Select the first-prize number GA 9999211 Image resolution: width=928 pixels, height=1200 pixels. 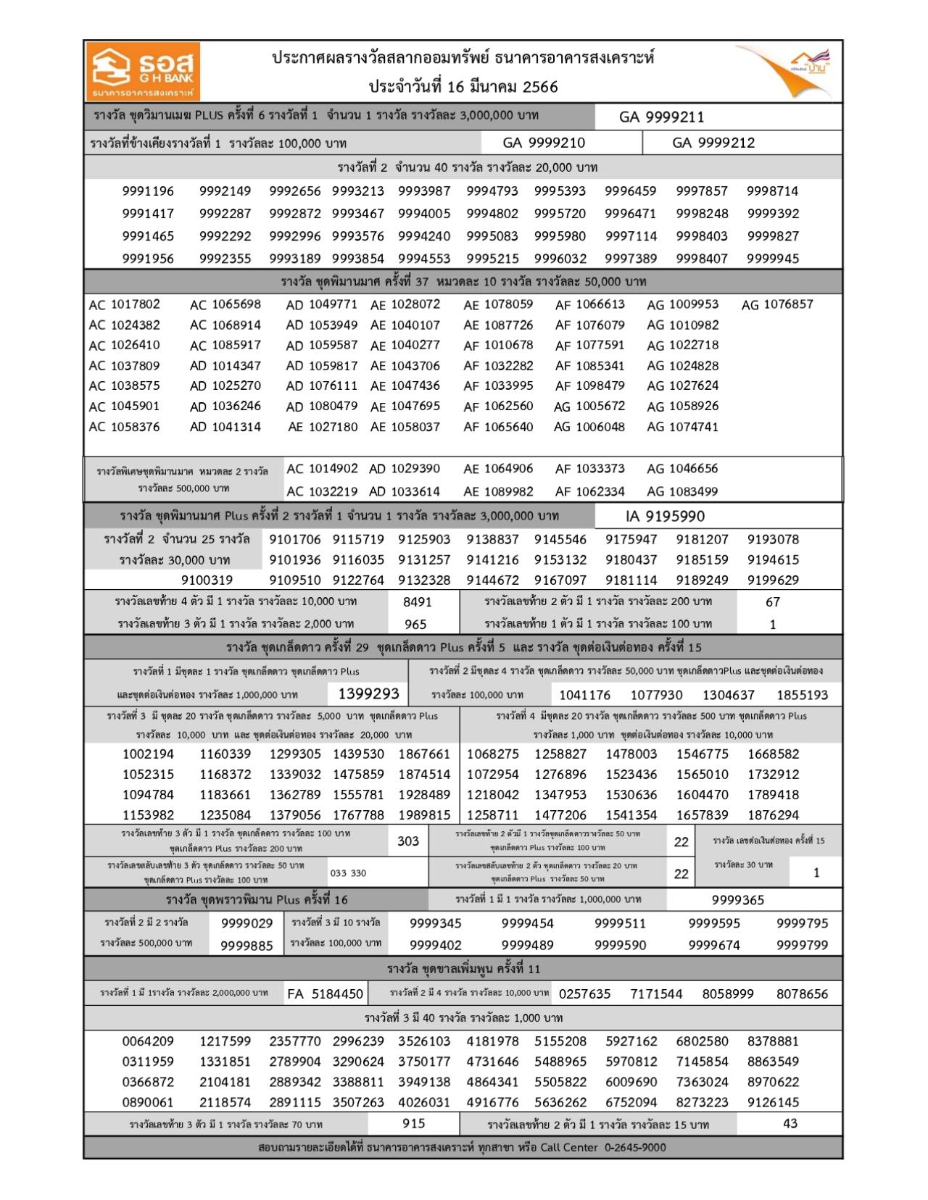(661, 117)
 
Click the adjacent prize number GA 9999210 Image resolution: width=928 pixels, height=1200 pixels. (544, 143)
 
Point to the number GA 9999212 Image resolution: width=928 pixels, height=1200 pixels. (713, 143)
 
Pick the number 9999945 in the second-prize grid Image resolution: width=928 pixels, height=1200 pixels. (773, 258)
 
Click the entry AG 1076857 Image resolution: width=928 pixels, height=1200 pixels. (777, 304)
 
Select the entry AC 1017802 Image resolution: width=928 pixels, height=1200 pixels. (124, 304)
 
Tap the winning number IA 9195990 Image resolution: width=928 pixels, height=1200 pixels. (665, 517)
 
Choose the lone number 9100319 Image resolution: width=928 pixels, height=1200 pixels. (207, 580)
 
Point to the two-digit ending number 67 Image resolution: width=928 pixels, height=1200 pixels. (773, 601)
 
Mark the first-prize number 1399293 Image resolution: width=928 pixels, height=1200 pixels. (369, 694)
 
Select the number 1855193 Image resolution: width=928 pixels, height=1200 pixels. (802, 695)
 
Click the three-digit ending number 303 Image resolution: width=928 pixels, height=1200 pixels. (408, 841)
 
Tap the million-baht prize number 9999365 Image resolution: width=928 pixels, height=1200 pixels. (737, 900)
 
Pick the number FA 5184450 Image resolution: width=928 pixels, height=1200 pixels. (325, 993)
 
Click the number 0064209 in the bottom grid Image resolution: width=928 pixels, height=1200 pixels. (148, 1041)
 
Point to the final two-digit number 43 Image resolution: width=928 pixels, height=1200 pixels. (790, 1123)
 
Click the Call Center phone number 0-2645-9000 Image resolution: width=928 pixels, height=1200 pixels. (635, 1147)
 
